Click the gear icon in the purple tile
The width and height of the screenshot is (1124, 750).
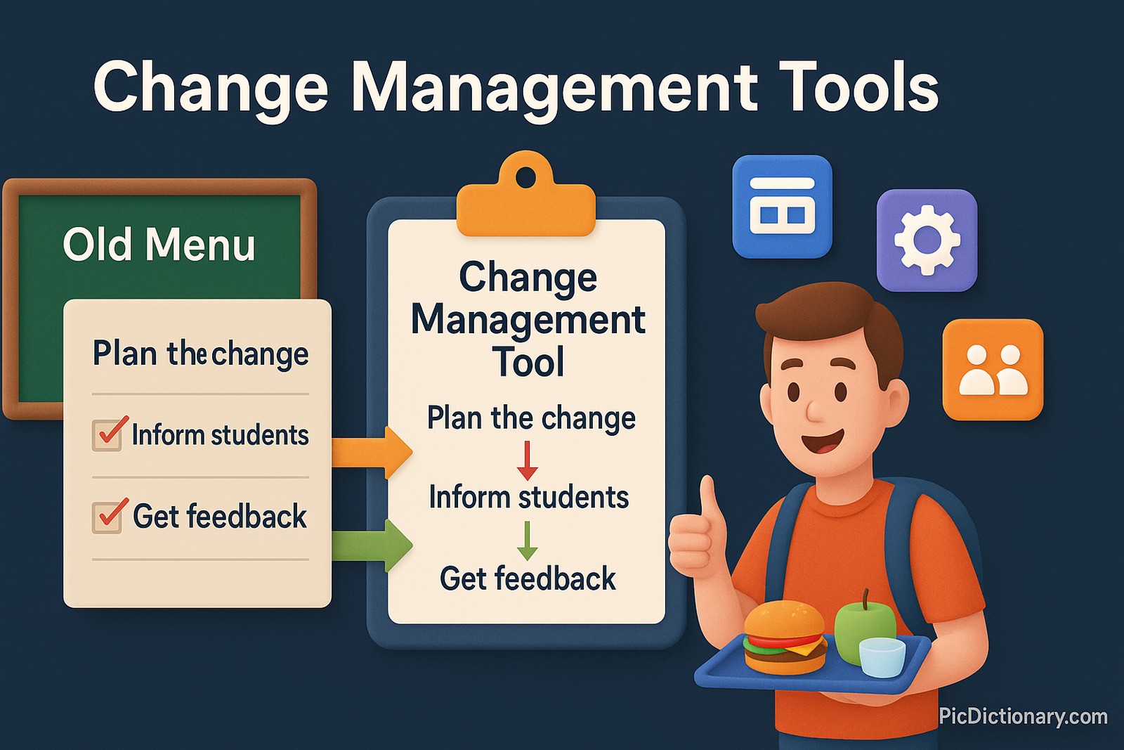click(927, 240)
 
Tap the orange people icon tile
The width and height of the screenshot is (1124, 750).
click(993, 370)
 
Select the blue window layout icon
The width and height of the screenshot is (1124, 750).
click(782, 207)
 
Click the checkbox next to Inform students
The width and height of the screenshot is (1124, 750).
click(107, 435)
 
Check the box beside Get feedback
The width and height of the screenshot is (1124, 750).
click(107, 517)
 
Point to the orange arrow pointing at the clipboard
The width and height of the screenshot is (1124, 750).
click(371, 451)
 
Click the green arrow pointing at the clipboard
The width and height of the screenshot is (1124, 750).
click(371, 545)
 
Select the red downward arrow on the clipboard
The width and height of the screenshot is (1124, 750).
click(527, 461)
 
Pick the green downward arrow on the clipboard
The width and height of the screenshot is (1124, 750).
click(527, 540)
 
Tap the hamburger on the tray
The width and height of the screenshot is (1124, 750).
click(785, 638)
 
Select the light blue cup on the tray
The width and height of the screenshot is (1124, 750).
click(882, 657)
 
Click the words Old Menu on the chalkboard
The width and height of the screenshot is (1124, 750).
click(159, 245)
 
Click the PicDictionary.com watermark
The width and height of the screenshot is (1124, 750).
click(1023, 716)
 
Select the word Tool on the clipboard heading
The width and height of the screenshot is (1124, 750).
click(528, 363)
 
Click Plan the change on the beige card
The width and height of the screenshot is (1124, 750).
click(200, 354)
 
